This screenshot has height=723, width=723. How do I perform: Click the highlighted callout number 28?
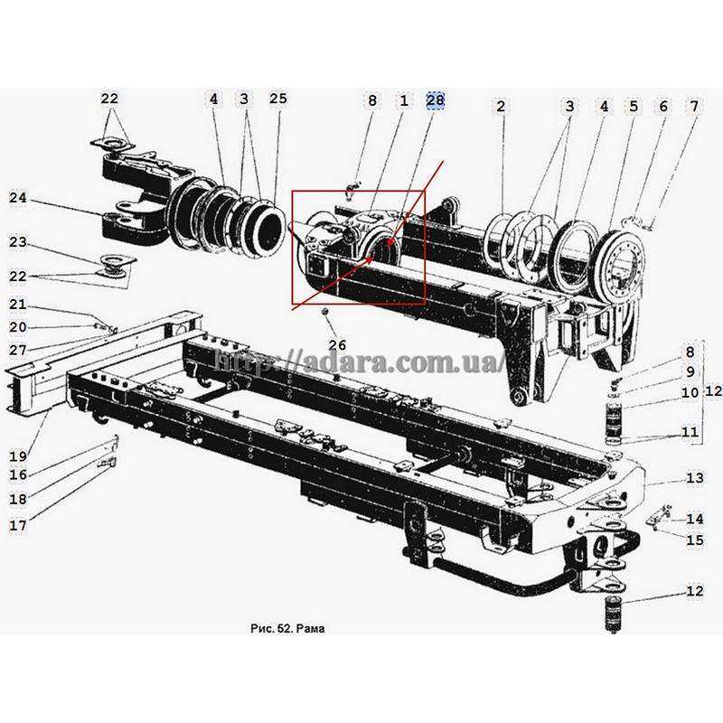[436, 101]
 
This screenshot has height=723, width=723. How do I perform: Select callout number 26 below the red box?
[336, 345]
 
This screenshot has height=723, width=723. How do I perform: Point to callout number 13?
[694, 478]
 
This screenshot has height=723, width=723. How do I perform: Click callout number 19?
[19, 455]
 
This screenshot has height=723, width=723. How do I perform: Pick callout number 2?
[500, 107]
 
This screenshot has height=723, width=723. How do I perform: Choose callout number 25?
[277, 98]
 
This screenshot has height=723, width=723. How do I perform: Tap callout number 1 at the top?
[403, 101]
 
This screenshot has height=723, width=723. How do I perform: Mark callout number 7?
[693, 107]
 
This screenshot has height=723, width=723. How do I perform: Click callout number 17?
[19, 523]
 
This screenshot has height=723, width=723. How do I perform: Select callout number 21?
[19, 305]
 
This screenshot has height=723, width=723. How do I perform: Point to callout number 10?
[690, 393]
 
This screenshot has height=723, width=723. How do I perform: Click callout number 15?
[694, 541]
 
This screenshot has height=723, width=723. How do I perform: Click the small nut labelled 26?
[324, 312]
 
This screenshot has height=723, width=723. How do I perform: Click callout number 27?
[19, 350]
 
